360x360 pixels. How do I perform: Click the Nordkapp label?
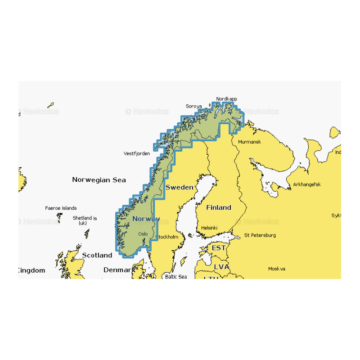click(226, 99)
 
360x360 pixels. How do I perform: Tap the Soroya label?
click(194, 107)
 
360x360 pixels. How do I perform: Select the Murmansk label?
click(249, 142)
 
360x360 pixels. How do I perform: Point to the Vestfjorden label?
click(137, 153)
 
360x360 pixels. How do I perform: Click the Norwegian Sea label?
click(99, 180)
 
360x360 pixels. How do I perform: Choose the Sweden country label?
click(179, 187)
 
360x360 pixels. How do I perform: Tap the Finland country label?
click(219, 207)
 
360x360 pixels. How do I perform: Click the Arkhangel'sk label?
click(307, 184)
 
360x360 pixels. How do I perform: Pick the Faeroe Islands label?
click(61, 208)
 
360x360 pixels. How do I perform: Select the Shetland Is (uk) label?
click(85, 220)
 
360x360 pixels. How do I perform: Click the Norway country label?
click(146, 219)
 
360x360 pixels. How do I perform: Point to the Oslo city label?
click(143, 234)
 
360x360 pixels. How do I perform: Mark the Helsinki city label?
click(210, 228)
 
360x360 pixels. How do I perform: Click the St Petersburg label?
click(260, 235)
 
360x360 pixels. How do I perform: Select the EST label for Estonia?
click(219, 248)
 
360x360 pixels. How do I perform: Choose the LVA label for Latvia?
click(221, 267)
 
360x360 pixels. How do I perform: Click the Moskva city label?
click(277, 269)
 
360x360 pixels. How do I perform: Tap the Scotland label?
click(97, 255)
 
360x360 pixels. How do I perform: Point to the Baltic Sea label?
click(175, 276)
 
